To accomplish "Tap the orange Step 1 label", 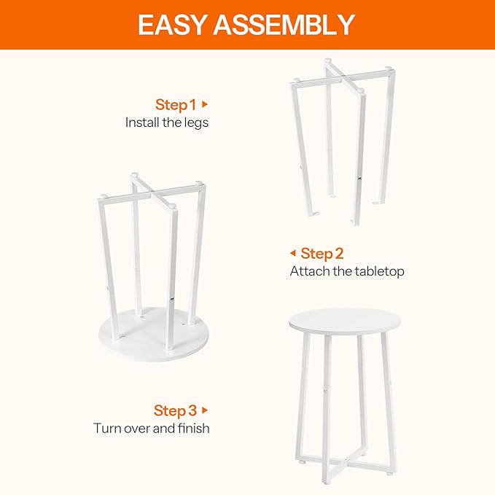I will [176, 104].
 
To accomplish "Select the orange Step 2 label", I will [321, 253].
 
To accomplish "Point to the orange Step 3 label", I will [175, 410].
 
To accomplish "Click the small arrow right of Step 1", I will [205, 104].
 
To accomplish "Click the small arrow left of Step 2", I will [292, 253].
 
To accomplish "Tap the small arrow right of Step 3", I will [205, 410].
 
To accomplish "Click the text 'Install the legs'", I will [167, 122].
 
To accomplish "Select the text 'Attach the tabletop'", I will [347, 271].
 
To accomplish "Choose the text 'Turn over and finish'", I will [152, 428].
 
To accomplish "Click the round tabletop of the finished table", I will [345, 320].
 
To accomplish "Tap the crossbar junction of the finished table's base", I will [345, 459].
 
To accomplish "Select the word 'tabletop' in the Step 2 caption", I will [379, 271].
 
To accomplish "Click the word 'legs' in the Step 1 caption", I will [197, 122].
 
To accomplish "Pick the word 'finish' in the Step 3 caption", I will [192, 428].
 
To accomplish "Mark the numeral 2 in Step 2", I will [338, 253].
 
